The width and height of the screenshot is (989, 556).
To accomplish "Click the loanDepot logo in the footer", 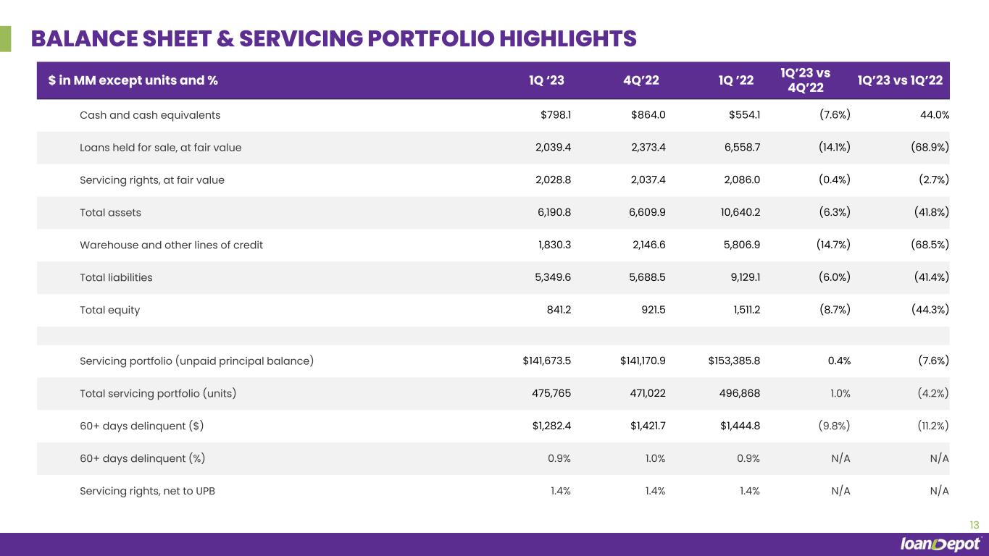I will [x=940, y=544].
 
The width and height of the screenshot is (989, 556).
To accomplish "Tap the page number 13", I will [x=974, y=525].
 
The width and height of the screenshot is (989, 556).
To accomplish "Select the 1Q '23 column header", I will [x=546, y=80].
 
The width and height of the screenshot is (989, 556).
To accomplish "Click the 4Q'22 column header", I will [x=641, y=80].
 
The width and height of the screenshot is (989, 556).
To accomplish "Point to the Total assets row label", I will [x=110, y=213].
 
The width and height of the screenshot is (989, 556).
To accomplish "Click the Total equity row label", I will [x=109, y=310].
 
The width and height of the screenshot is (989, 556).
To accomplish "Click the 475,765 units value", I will [x=551, y=393].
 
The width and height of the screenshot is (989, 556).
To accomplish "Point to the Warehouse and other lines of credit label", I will [x=171, y=245].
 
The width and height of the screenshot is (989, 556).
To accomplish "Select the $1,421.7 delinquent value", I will [x=648, y=426].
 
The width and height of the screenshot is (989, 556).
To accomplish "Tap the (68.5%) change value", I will [x=930, y=245].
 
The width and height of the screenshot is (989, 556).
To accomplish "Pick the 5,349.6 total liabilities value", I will [x=551, y=277].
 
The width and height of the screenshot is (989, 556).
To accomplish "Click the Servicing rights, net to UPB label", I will [x=147, y=491].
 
